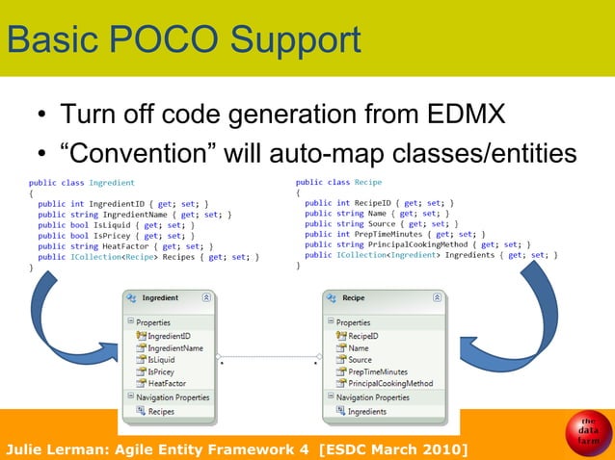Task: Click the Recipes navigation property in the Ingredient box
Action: point(161,411)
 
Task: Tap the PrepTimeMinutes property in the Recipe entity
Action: point(385,371)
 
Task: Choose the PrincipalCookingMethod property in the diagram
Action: point(390,382)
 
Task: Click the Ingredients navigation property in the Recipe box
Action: point(367,411)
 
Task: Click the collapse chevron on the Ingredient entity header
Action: point(206,299)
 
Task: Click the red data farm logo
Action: point(588,432)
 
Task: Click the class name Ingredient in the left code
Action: point(112,182)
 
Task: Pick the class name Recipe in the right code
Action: point(368,181)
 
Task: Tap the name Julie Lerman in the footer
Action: point(60,449)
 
